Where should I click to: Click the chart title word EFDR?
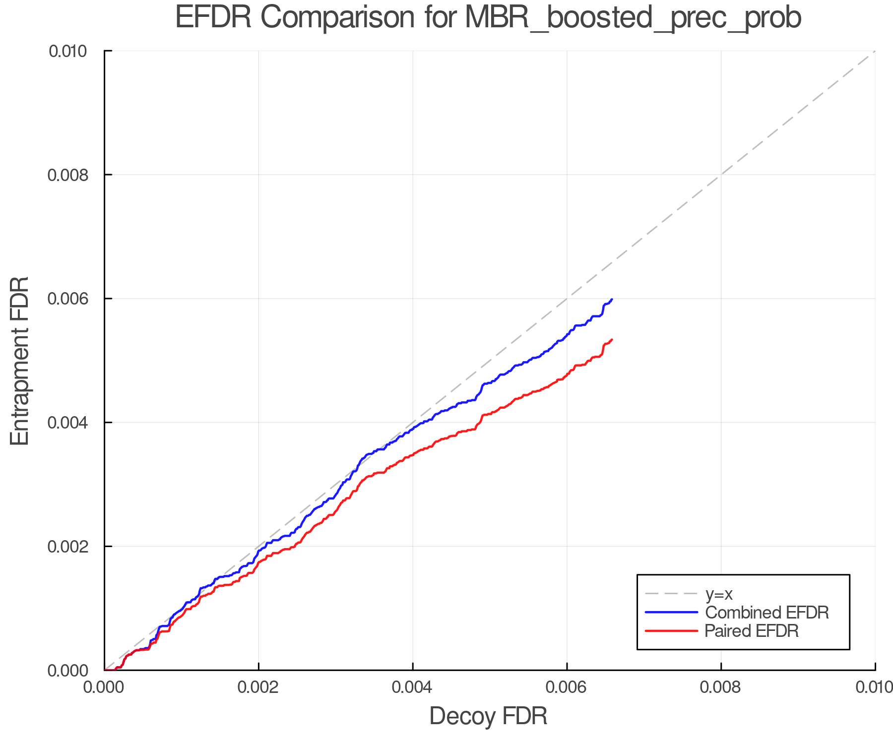[213, 18]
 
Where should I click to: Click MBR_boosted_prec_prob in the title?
[633, 19]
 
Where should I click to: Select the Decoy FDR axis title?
[488, 716]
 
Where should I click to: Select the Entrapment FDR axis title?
[20, 361]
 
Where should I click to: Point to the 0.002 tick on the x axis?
[258, 687]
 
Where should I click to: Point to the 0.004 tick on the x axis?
[413, 687]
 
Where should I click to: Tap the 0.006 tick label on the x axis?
[567, 687]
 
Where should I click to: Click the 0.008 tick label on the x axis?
[721, 687]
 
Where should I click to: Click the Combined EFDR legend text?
[767, 613]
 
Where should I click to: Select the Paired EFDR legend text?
[752, 631]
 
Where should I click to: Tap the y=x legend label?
[719, 594]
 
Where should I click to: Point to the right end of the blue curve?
[612, 300]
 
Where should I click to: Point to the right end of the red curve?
[612, 340]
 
